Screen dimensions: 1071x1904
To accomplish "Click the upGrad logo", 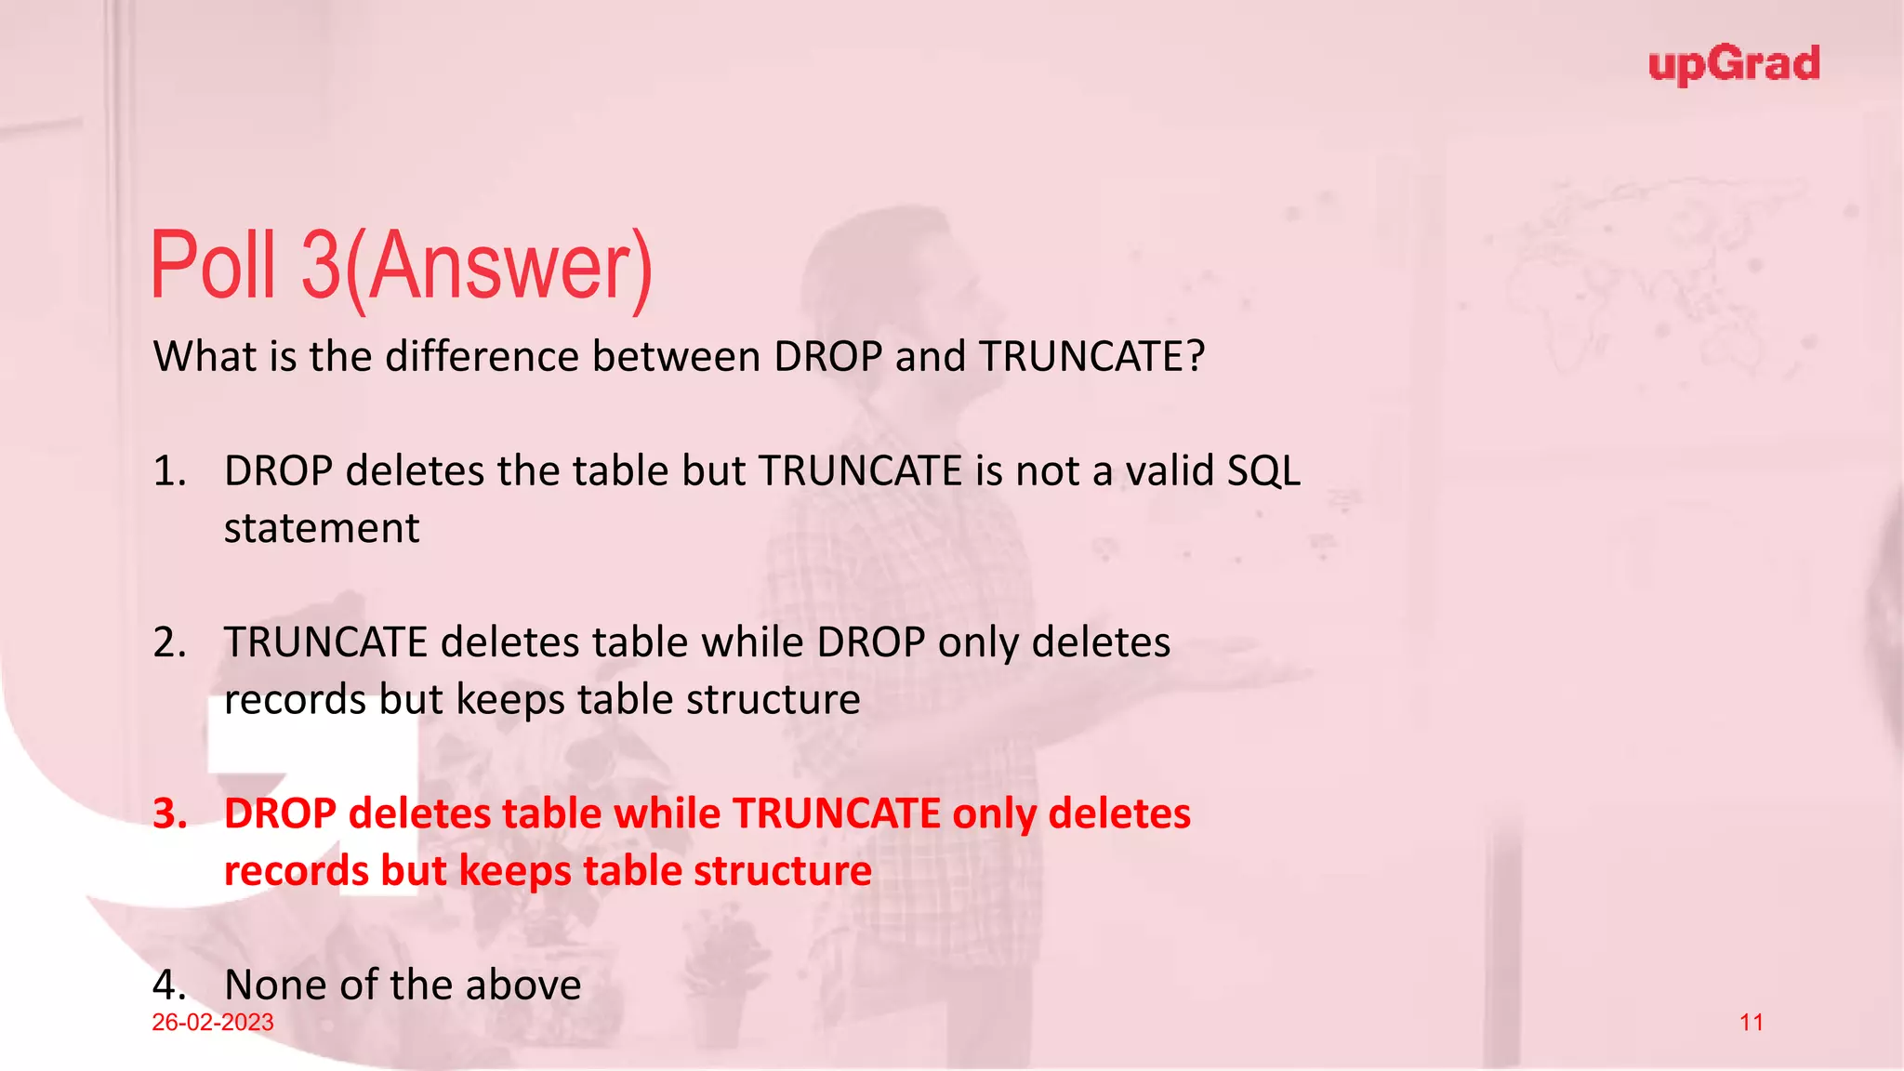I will click(x=1734, y=65).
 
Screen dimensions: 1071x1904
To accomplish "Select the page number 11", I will click(x=1752, y=1023).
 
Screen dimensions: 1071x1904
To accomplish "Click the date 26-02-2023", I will click(x=213, y=1023).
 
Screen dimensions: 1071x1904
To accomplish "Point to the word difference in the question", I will click(x=483, y=357).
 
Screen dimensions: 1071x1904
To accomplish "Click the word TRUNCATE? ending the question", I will click(x=1092, y=357).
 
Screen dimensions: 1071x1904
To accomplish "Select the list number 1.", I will click(x=169, y=471).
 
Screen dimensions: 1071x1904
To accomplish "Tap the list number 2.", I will click(x=169, y=642).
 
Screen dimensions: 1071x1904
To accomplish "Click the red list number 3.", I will click(x=170, y=813).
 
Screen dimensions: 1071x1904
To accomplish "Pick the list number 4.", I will click(x=169, y=985).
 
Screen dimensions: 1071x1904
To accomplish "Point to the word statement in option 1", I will click(x=322, y=529).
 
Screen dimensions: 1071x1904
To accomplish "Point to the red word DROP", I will click(x=280, y=813).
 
